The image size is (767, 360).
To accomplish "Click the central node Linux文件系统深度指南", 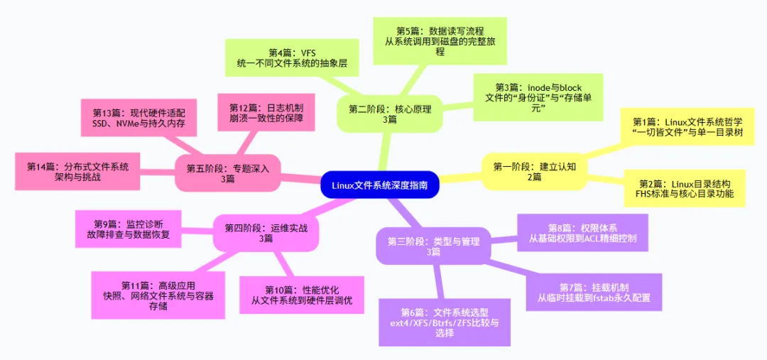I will coord(380,185).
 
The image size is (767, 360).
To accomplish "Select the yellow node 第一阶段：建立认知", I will coord(534,172).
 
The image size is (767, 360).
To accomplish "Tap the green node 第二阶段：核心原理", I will coord(388,114).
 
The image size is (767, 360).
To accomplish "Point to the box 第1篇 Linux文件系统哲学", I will coord(682,127).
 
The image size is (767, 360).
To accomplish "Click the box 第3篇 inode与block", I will coord(538,97).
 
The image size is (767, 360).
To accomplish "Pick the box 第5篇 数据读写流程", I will coord(440,41).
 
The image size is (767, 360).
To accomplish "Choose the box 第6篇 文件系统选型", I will coord(445,322).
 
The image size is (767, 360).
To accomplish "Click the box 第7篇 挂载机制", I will coord(594,293).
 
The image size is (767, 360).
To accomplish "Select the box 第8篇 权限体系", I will coord(582,234).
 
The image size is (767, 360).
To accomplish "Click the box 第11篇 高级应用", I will coord(158,295).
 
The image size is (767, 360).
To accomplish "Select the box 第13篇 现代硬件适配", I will coord(138,119).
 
